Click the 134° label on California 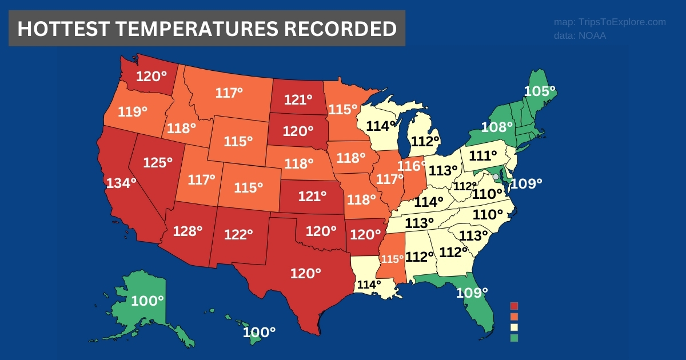click(121, 183)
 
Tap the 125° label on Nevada click(158, 162)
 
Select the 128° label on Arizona click(188, 231)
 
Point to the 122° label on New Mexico click(238, 234)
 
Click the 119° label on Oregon click(133, 111)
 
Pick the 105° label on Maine click(540, 91)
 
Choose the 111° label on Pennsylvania click(484, 155)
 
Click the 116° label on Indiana click(412, 166)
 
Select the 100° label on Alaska click(147, 301)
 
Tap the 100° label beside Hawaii click(259, 331)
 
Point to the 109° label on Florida click(472, 293)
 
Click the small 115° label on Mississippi click(393, 259)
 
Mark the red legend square click(514, 306)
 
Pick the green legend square click(514, 338)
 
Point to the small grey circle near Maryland click(496, 177)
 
